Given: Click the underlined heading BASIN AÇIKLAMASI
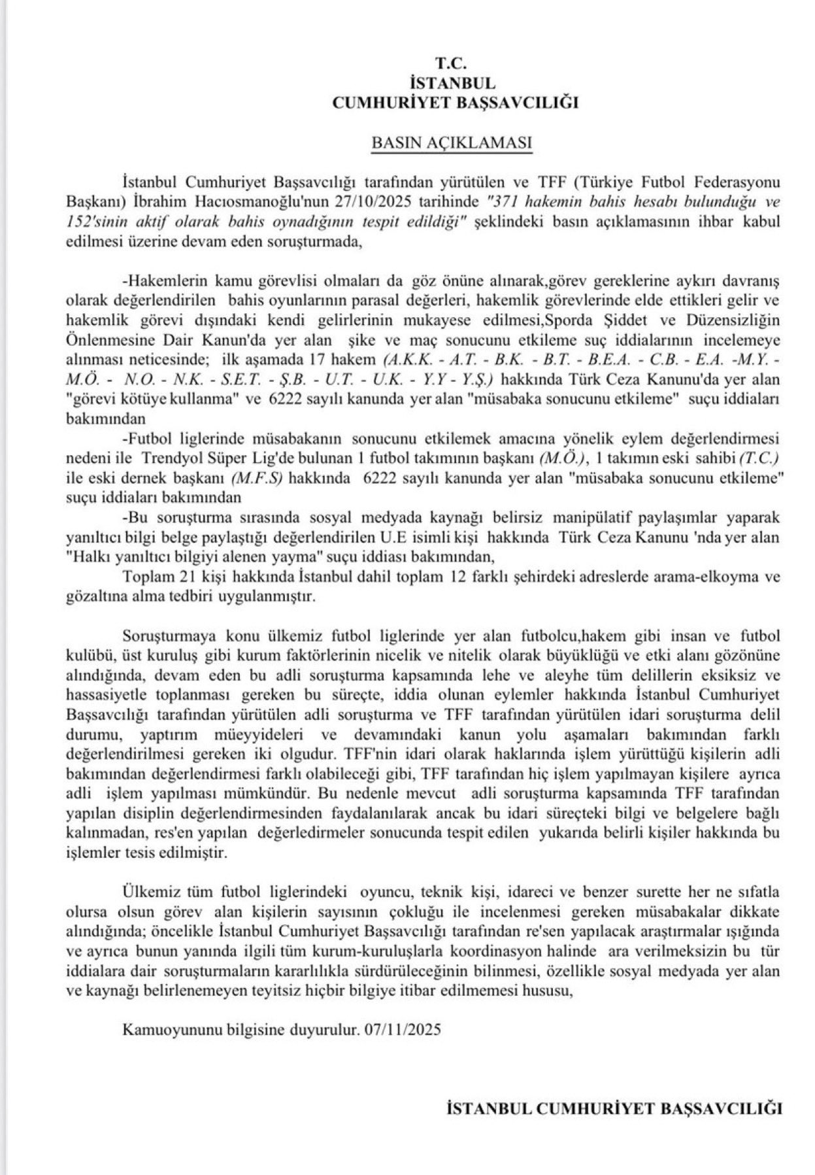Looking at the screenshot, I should tap(451, 143).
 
